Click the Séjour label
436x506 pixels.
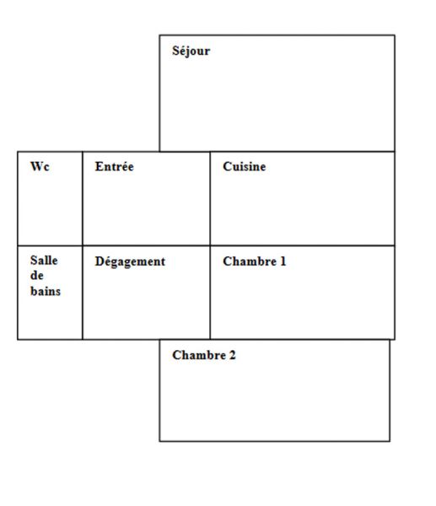pyautogui.click(x=191, y=51)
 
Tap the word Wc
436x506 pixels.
pyautogui.click(x=40, y=166)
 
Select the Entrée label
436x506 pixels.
pyautogui.click(x=114, y=166)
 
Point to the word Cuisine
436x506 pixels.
pyautogui.click(x=245, y=166)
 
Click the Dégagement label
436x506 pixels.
pyautogui.click(x=130, y=261)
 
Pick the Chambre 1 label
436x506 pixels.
pyautogui.click(x=255, y=261)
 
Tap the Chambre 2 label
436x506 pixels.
pyautogui.click(x=204, y=355)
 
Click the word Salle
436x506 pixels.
pyautogui.click(x=44, y=260)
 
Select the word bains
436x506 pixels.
pyautogui.click(x=46, y=291)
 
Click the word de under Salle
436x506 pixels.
pyautogui.click(x=37, y=276)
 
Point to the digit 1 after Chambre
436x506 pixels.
pyautogui.click(x=283, y=261)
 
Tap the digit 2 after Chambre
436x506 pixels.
pyautogui.click(x=233, y=355)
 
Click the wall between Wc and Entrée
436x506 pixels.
pyautogui.click(x=83, y=198)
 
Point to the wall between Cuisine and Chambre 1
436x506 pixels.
pyautogui.click(x=303, y=245)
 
